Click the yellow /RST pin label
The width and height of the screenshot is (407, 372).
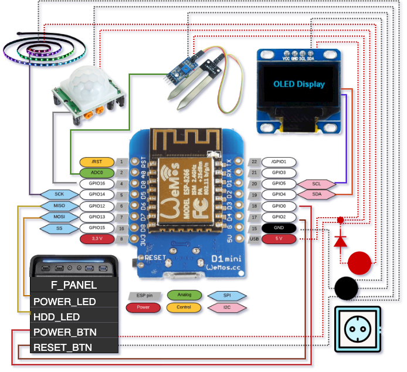pos(97,161)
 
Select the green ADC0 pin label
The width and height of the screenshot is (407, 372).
pos(97,173)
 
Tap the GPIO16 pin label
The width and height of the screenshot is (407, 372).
pos(97,184)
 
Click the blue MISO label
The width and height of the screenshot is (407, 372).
pos(59,206)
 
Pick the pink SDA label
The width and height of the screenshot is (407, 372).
pos(317,194)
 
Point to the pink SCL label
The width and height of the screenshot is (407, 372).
pos(317,184)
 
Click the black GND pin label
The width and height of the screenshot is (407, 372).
pos(279,228)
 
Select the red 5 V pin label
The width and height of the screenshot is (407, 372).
pos(279,239)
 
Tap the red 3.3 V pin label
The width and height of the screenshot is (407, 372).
pos(97,239)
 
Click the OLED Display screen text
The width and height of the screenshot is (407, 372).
pos(299,84)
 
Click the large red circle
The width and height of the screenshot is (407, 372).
pos(360,264)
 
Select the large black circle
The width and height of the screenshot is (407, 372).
pos(346,289)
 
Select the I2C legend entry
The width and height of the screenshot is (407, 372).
pos(227,307)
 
